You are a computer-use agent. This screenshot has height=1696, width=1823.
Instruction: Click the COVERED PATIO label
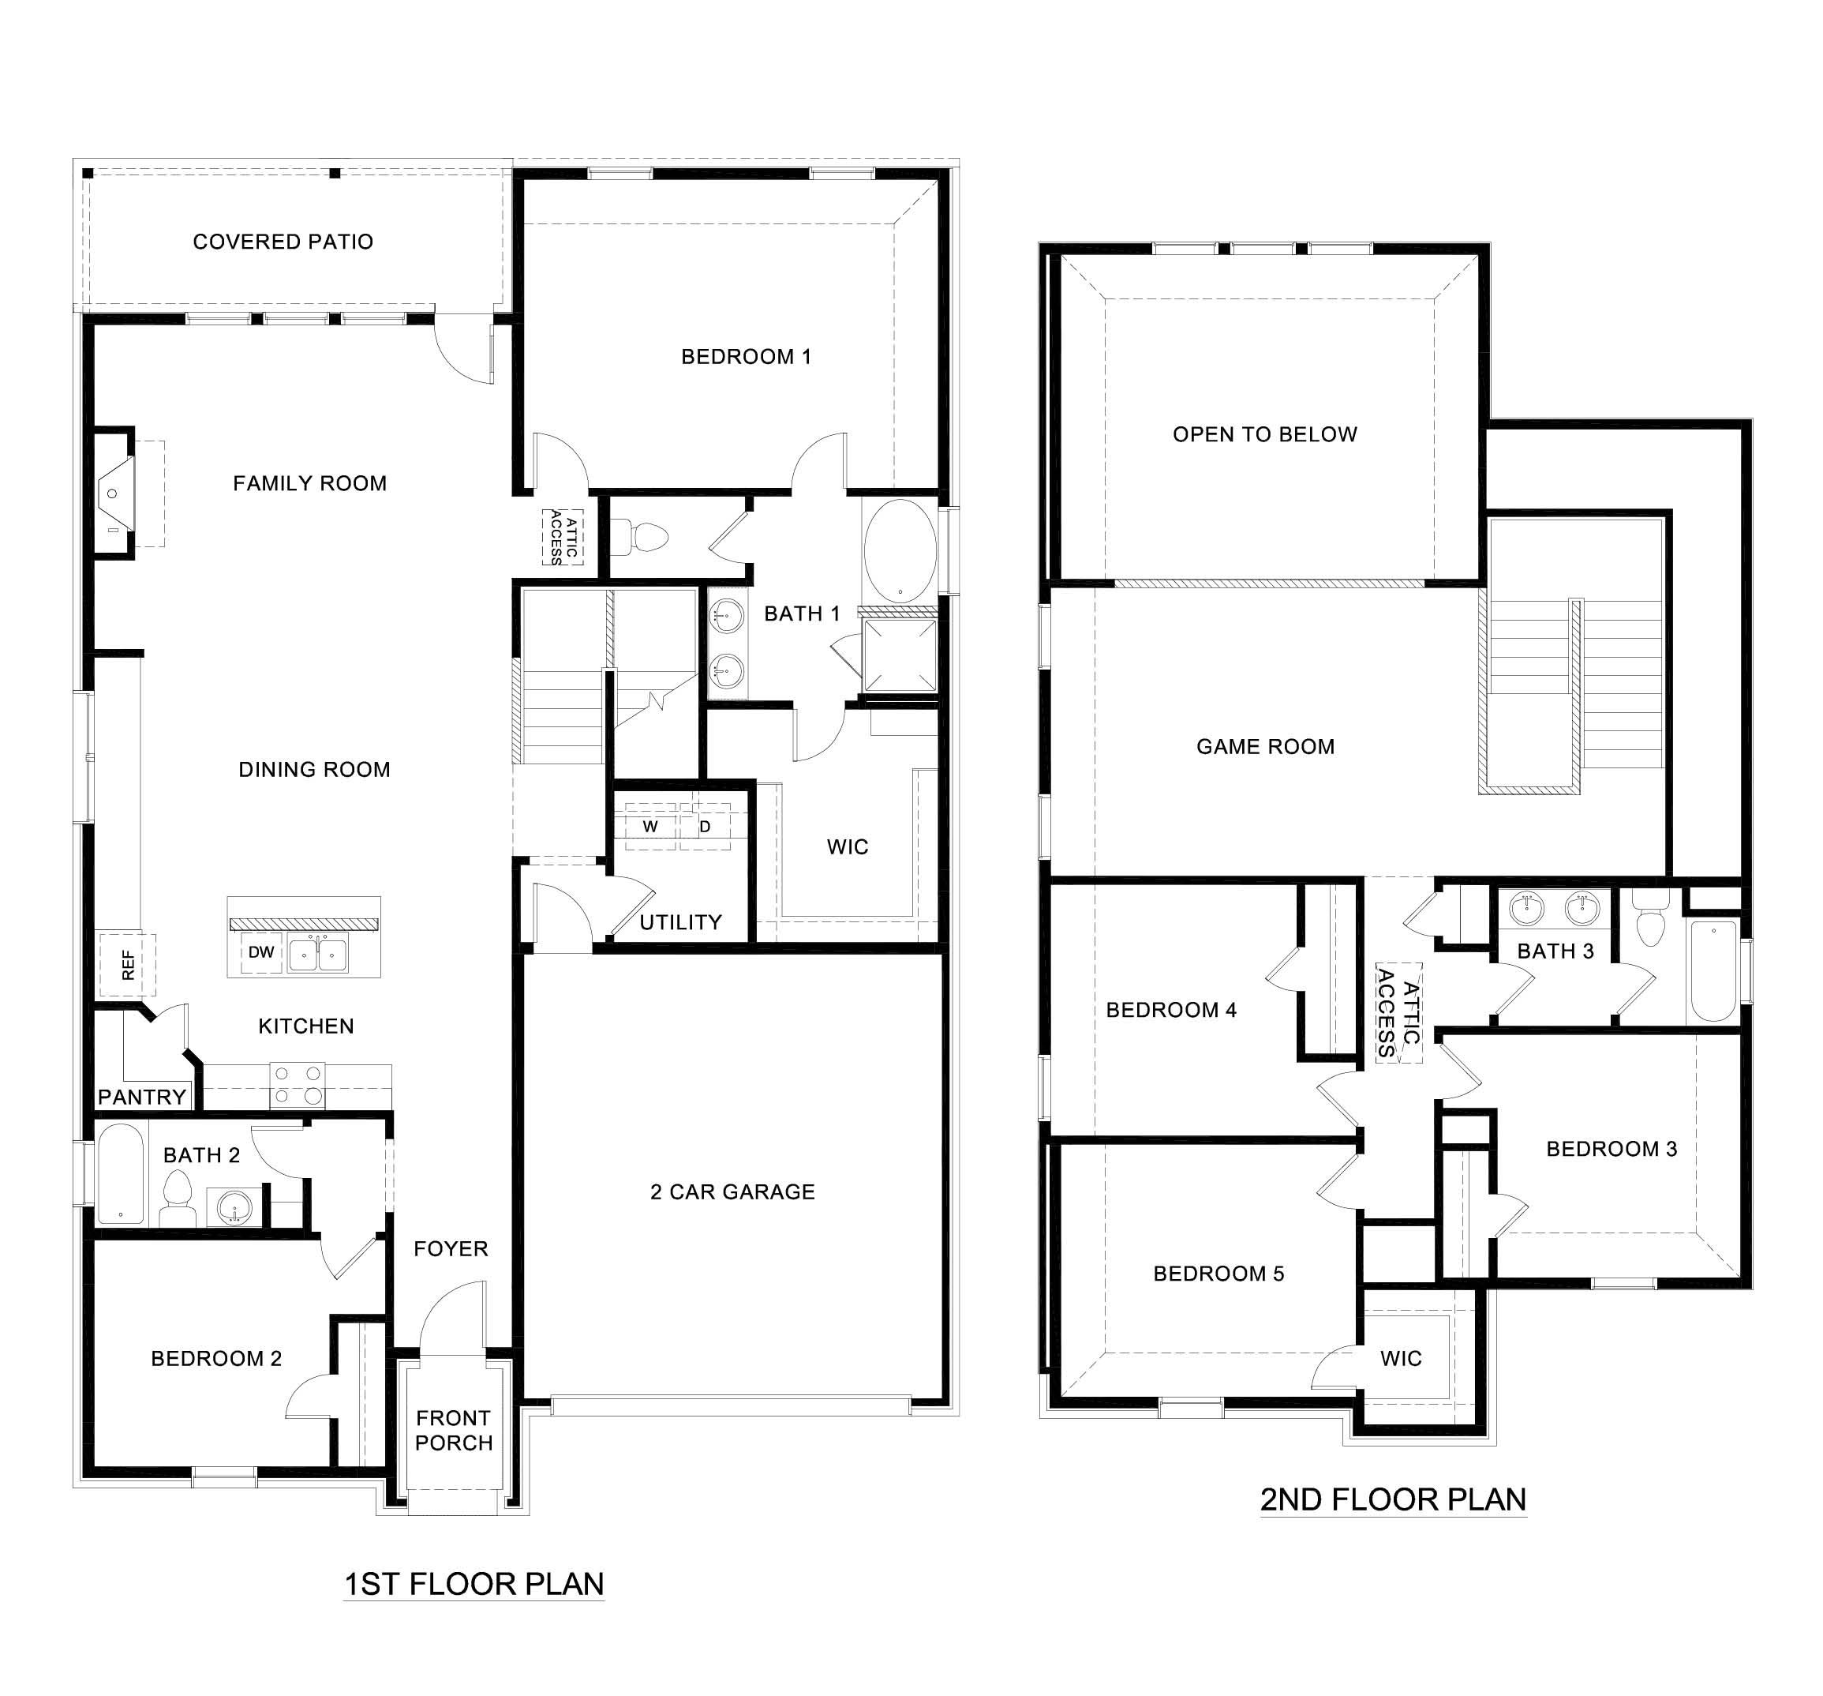[283, 242]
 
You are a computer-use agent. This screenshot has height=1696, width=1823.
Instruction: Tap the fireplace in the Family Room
[114, 493]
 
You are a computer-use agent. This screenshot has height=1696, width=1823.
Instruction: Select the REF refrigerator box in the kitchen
[128, 965]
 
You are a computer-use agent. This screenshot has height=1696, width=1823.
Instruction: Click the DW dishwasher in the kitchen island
[261, 952]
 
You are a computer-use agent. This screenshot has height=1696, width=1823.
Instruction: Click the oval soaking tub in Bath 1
[900, 546]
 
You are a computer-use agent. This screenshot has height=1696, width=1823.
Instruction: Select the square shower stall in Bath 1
[900, 655]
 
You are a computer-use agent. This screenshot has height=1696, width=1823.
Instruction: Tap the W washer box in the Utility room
[650, 827]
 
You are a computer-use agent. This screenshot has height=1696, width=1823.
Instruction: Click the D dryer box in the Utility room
[706, 827]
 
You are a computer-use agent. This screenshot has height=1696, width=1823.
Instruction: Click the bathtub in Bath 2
[120, 1174]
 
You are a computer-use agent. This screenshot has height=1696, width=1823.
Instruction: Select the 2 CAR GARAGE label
[732, 1191]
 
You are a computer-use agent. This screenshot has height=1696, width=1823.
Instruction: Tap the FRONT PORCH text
[453, 1430]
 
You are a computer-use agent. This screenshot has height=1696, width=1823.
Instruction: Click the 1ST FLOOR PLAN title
[474, 1583]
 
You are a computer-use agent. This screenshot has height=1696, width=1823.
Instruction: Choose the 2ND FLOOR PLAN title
[1392, 1499]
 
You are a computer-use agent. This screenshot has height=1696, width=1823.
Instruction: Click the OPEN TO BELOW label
[1264, 433]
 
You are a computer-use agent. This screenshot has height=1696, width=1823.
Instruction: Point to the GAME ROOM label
[1264, 747]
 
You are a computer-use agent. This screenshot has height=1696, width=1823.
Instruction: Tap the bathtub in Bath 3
[1712, 971]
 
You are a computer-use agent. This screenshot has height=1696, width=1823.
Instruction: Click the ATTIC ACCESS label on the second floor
[1398, 1013]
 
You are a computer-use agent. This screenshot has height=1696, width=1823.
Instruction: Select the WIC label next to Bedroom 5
[1400, 1358]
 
